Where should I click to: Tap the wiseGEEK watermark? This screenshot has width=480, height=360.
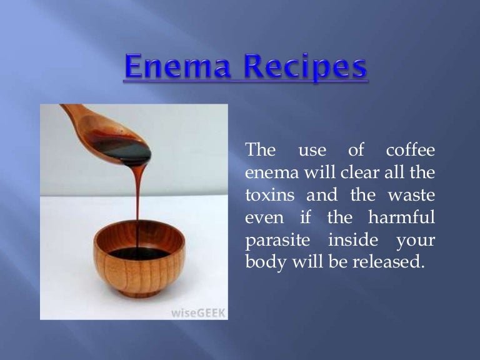197,312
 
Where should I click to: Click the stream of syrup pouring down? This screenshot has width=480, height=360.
137,200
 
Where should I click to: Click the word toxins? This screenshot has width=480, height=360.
269,194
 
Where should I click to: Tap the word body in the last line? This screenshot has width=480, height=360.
264,262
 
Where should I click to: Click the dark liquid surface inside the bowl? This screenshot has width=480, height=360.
139,253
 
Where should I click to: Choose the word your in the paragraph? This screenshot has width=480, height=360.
415,240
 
